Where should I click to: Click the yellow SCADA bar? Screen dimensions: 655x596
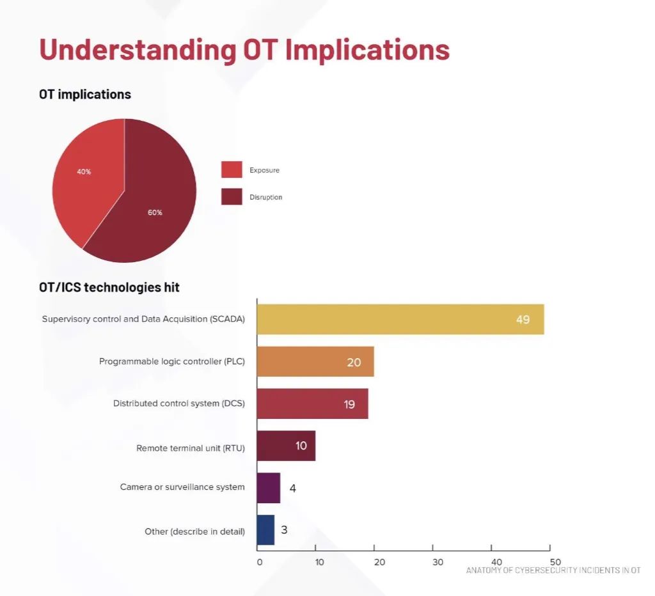400,319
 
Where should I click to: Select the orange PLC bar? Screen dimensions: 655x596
316,361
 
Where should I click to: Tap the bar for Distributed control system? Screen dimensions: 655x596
313,404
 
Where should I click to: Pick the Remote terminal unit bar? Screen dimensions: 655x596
287,446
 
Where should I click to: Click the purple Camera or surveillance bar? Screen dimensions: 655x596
269,488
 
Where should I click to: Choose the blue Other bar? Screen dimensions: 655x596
265,530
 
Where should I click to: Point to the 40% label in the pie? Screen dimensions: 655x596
84,171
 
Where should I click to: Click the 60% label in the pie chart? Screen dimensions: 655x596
155,212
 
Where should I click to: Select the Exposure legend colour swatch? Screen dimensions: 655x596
232,169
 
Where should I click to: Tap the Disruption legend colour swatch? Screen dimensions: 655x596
232,197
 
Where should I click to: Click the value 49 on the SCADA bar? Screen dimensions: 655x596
523,320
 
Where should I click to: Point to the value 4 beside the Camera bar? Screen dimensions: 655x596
292,488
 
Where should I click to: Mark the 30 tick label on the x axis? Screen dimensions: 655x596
438,562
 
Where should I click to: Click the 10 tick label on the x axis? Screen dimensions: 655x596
320,562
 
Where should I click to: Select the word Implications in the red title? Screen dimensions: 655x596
368,50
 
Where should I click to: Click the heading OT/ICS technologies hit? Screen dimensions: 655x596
109,287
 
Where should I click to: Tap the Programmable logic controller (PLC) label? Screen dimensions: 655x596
171,361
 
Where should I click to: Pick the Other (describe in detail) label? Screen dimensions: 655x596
194,531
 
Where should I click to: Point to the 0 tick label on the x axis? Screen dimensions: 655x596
260,562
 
